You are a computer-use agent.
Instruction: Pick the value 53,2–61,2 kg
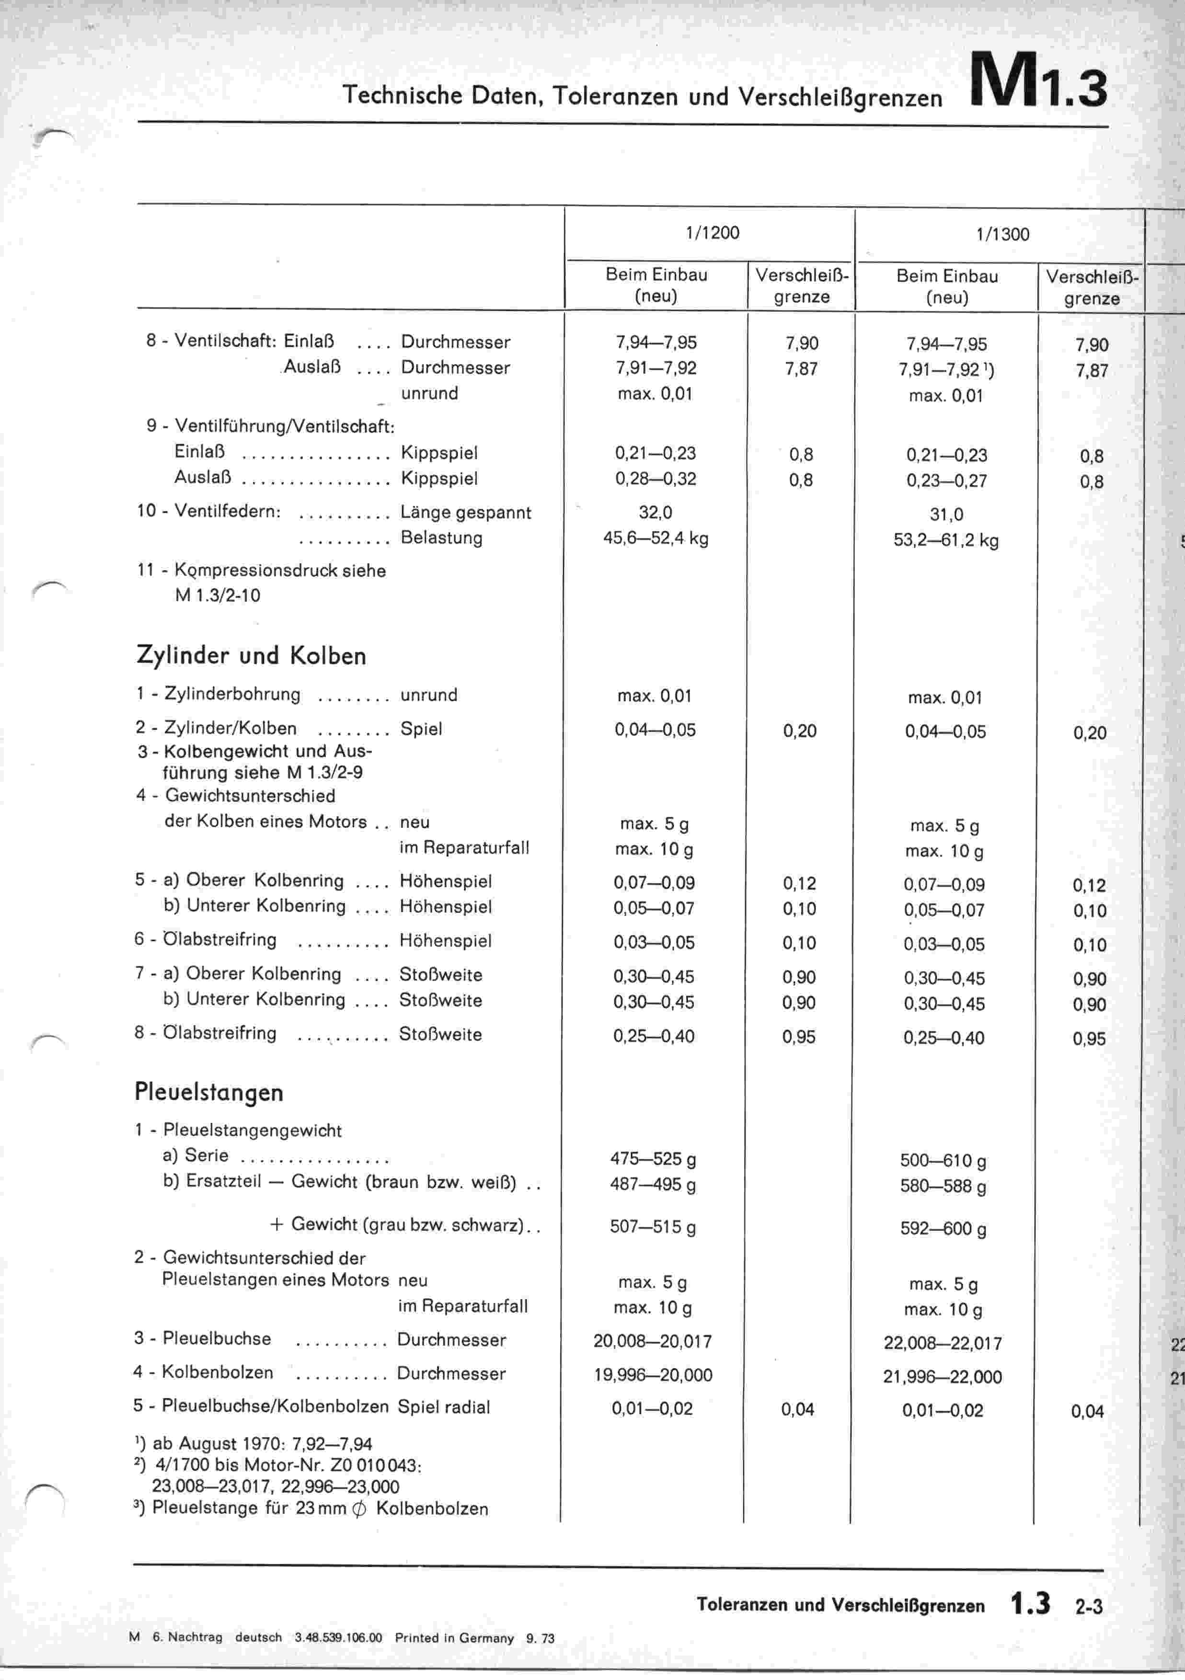946,541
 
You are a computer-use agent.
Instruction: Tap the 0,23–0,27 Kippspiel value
946,481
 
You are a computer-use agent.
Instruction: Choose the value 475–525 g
653,1159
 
